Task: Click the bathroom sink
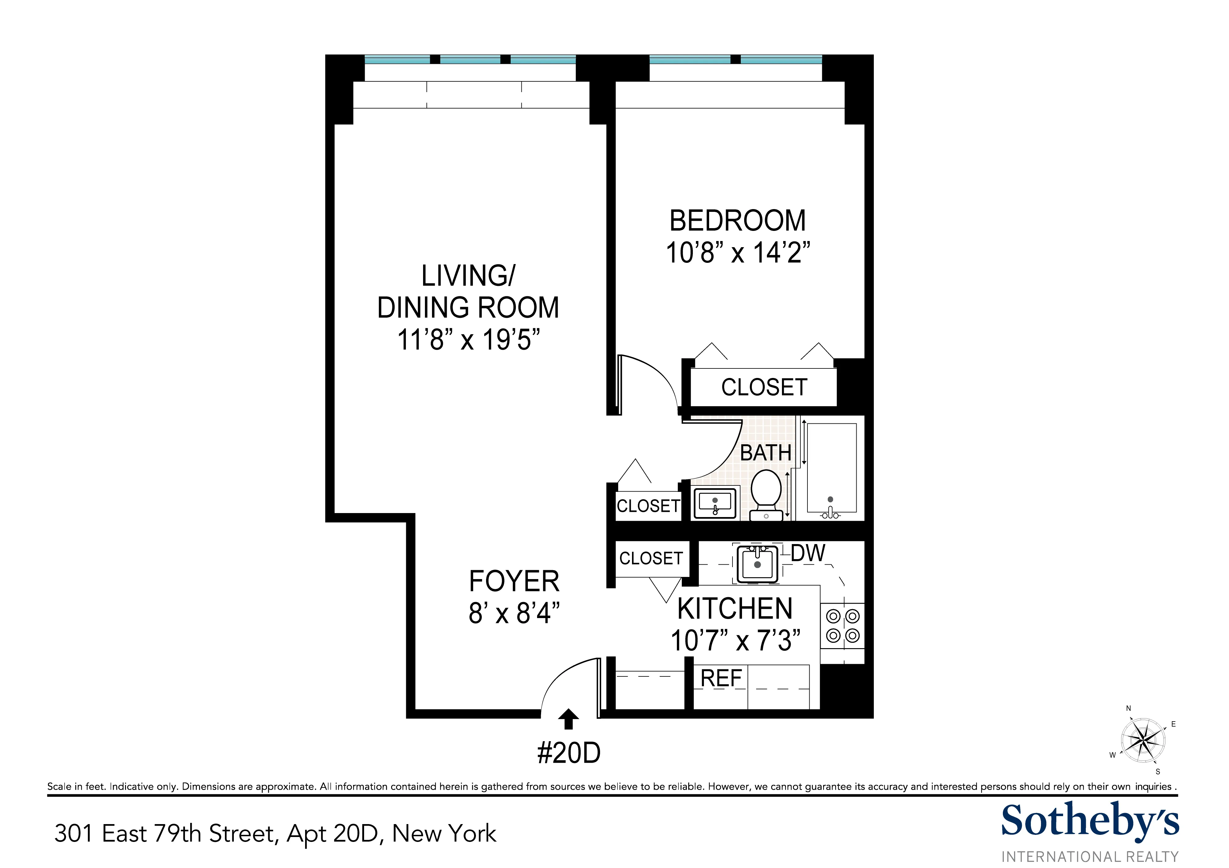(x=715, y=503)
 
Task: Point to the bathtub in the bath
(x=831, y=468)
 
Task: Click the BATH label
(x=765, y=453)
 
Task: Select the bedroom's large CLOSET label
(x=764, y=387)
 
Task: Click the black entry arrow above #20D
(x=568, y=719)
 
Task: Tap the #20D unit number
(x=568, y=753)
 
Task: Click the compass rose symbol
(x=1143, y=741)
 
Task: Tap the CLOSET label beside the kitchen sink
(x=651, y=558)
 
